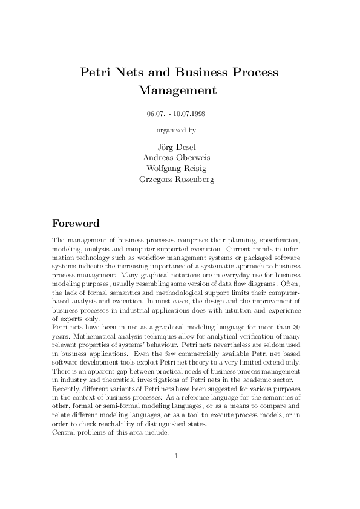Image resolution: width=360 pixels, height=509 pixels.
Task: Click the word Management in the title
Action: [177, 91]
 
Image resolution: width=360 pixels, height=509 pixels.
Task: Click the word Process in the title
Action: [255, 73]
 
